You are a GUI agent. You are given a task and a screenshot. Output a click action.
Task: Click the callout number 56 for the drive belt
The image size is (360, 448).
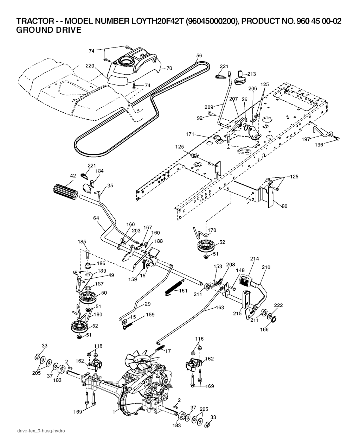(x=199, y=56)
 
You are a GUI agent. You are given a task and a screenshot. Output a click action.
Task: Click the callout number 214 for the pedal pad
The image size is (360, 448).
(x=255, y=259)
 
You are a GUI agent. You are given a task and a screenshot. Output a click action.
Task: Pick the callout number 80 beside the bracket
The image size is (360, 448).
(x=284, y=206)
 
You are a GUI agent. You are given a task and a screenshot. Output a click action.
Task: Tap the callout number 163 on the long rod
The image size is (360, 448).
(x=220, y=308)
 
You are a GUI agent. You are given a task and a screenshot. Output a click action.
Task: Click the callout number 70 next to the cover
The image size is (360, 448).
(x=169, y=68)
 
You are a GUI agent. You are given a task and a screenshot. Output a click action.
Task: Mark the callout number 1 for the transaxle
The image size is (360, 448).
(x=114, y=411)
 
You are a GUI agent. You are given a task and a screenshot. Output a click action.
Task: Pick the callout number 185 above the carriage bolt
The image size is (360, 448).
(x=82, y=242)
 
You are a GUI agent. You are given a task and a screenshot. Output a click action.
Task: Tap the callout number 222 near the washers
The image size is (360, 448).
(x=278, y=305)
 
